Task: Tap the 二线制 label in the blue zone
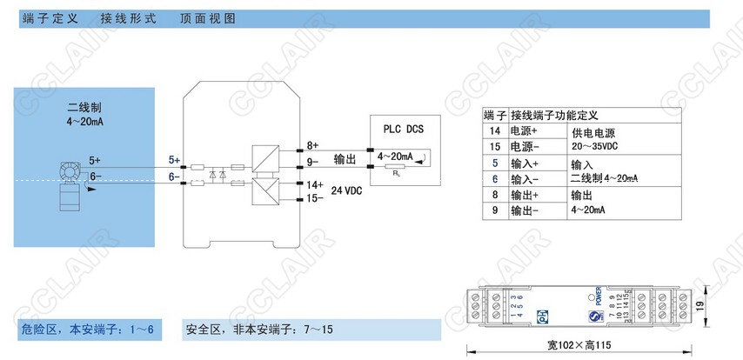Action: pos(84,108)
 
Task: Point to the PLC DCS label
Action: pos(403,128)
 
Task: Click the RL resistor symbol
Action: pos(397,166)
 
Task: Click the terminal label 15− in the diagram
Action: pos(314,199)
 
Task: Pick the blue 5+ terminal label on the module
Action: pos(175,161)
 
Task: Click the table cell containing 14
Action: pos(494,130)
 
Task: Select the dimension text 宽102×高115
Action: pos(579,343)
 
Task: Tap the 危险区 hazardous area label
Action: pos(39,330)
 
